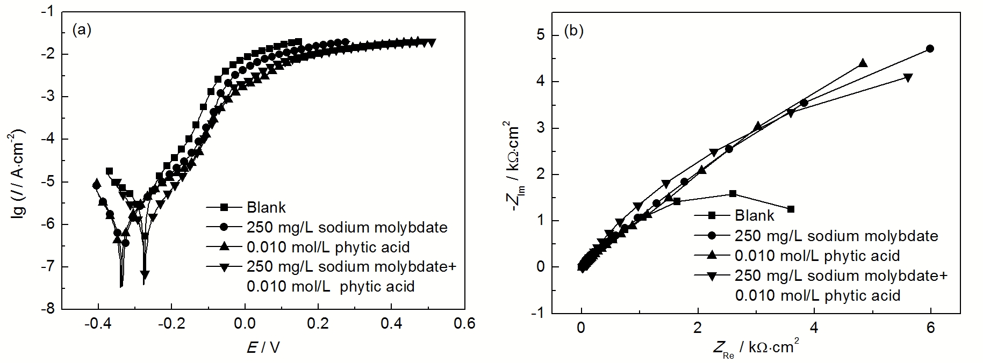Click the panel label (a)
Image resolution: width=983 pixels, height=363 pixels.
tap(82, 31)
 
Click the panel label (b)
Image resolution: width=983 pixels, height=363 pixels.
tap(573, 31)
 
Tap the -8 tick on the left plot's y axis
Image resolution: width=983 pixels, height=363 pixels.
tap(49, 309)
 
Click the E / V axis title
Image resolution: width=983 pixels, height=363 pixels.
tap(263, 348)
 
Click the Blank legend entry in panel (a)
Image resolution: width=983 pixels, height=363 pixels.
tap(266, 207)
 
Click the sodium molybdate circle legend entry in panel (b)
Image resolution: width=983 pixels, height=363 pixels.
tap(836, 236)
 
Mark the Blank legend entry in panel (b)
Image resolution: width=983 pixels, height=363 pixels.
tap(755, 216)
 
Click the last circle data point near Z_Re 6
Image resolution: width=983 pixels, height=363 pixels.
tap(930, 49)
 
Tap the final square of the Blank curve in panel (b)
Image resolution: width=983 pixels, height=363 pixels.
tap(791, 209)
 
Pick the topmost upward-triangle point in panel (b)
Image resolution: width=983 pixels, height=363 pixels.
tap(863, 63)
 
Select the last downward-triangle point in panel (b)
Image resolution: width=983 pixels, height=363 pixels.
tap(908, 78)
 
